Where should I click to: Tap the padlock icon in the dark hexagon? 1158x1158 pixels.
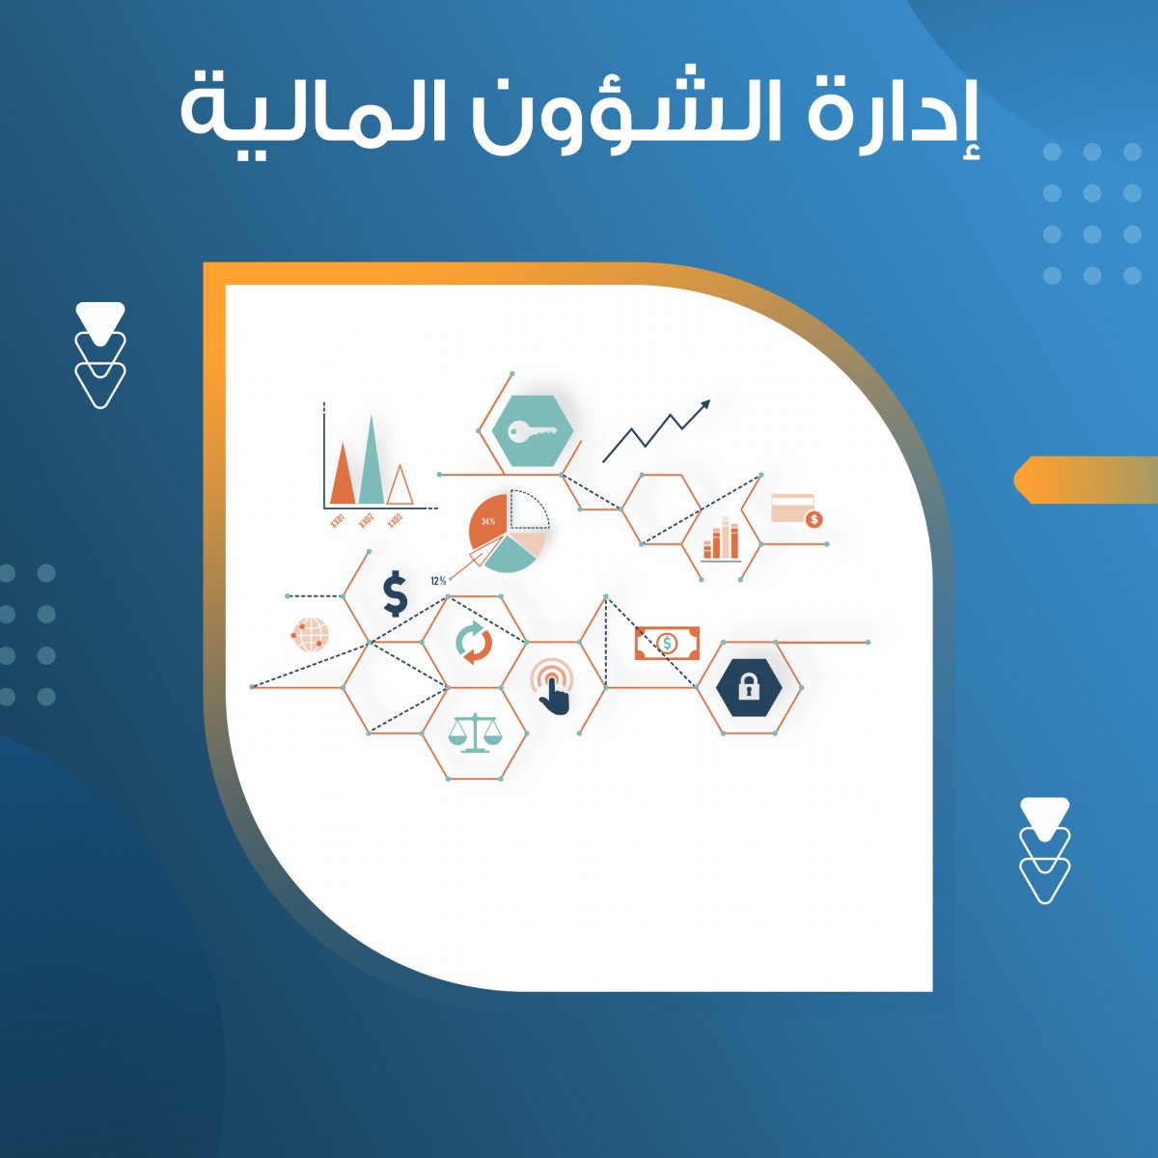tap(749, 687)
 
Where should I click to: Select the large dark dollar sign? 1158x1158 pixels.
tap(396, 593)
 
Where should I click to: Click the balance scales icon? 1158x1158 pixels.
tap(475, 732)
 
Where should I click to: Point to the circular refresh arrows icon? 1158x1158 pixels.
tap(474, 643)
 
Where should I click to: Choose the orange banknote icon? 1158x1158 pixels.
tap(667, 643)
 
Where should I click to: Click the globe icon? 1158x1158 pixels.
tap(311, 635)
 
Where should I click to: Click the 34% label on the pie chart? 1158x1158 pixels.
tap(488, 521)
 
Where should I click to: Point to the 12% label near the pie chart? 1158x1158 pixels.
tap(438, 581)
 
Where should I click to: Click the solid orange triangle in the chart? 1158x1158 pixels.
tap(343, 474)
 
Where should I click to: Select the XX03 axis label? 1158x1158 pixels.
tap(395, 520)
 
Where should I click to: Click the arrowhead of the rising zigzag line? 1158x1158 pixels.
tap(704, 404)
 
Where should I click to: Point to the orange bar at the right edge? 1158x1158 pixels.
tap(1086, 479)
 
